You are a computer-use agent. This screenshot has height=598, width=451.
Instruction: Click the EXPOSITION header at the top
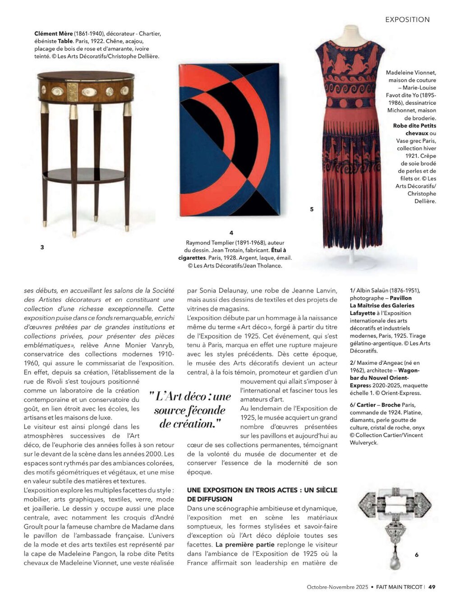(x=407, y=19)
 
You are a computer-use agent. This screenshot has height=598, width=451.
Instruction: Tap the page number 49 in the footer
(x=432, y=587)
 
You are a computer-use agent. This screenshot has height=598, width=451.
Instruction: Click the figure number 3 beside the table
(x=42, y=247)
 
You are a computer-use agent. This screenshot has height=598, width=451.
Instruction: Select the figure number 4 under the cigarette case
(x=231, y=233)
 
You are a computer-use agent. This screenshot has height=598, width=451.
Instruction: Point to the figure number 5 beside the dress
(x=312, y=209)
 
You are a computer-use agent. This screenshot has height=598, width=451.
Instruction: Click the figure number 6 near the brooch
(x=417, y=555)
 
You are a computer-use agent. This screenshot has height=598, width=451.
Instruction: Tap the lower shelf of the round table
(x=84, y=175)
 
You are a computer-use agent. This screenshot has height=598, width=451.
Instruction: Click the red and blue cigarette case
(x=230, y=140)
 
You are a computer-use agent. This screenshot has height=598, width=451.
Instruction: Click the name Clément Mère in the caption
(x=52, y=33)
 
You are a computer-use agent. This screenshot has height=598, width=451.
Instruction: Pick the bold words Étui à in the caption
(x=278, y=250)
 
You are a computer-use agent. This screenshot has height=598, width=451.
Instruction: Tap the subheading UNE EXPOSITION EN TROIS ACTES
(x=262, y=490)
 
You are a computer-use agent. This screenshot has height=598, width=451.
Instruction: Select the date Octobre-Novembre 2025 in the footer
(x=337, y=587)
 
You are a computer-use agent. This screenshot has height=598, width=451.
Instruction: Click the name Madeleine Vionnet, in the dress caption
(x=411, y=72)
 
